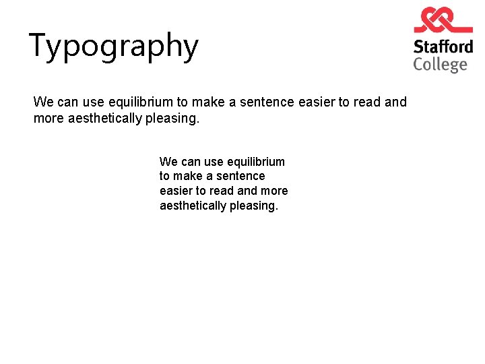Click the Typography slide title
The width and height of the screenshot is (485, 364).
(x=114, y=47)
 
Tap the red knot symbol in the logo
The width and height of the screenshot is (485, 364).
(x=443, y=20)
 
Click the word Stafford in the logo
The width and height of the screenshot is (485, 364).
(x=443, y=47)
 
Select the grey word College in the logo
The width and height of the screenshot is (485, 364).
(x=440, y=65)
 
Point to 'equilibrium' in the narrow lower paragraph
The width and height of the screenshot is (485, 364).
(x=256, y=162)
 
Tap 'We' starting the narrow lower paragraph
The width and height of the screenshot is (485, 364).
(x=168, y=162)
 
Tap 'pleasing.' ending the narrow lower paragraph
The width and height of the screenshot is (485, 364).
(x=253, y=206)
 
